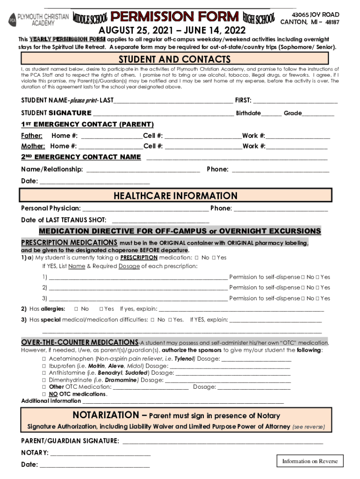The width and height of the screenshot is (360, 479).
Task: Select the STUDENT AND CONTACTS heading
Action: coord(174,59)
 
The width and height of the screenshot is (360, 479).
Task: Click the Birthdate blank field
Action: coord(271,113)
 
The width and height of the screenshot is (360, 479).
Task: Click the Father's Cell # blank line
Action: coord(202,136)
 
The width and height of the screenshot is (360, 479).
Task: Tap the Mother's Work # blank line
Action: coord(296,146)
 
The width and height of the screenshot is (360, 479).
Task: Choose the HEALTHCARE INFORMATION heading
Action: coord(175,196)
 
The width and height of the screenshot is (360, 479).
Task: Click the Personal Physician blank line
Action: coord(145,208)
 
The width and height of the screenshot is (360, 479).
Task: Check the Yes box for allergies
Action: coord(101,309)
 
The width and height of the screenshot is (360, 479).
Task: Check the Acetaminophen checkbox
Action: coord(43,359)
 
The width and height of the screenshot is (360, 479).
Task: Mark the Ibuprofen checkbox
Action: coord(43,366)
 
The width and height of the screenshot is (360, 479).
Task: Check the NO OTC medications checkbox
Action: coord(43,394)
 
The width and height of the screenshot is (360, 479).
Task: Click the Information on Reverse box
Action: coord(310,461)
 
